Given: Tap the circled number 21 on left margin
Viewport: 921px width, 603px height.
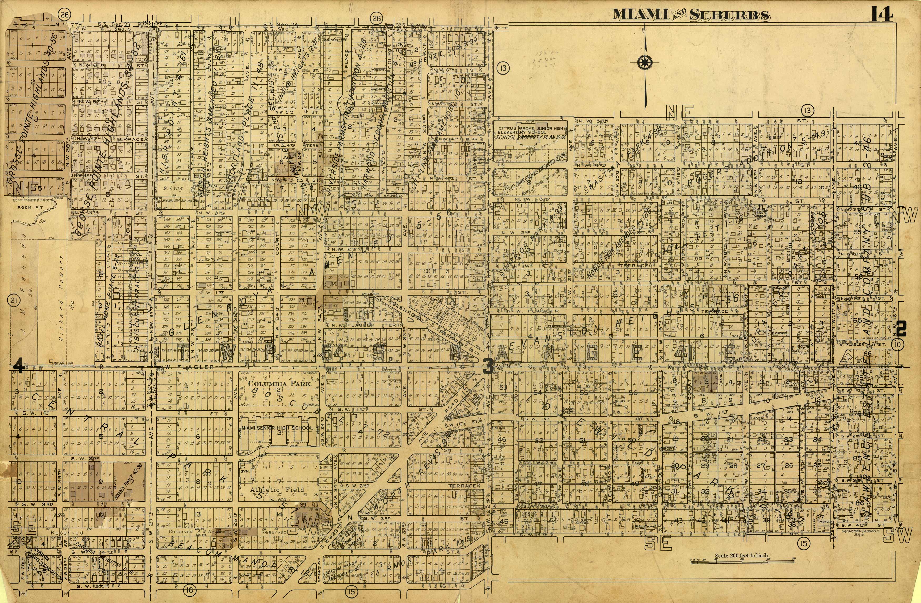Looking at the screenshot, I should [x=13, y=300].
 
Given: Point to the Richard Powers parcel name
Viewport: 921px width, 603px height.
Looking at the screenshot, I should [x=61, y=298].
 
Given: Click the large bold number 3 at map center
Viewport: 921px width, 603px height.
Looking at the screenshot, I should [x=488, y=366].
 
